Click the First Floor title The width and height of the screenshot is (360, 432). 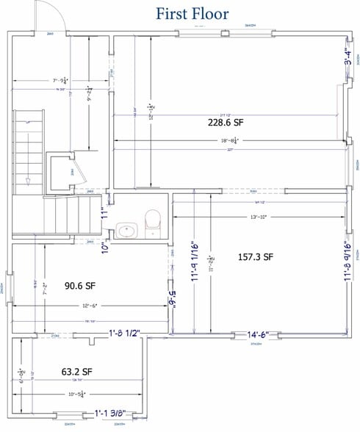pos(192,12)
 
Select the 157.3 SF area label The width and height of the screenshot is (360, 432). pos(256,257)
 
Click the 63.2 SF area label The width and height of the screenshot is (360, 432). pos(76,371)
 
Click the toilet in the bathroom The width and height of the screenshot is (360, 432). pos(152,219)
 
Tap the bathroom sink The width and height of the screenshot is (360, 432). pos(126,232)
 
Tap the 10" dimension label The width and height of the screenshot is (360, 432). pos(104,248)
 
